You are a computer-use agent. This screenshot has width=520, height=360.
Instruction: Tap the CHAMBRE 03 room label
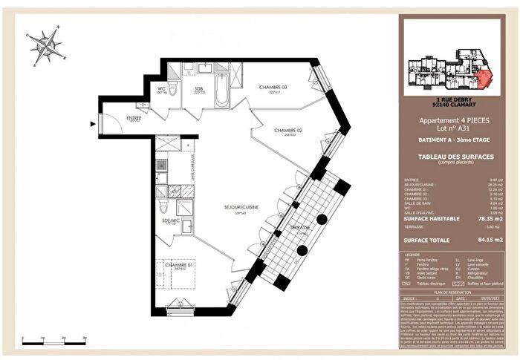point(273,88)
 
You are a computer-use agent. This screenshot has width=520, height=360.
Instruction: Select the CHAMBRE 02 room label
point(288,131)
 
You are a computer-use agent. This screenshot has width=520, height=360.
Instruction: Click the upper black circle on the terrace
point(322,219)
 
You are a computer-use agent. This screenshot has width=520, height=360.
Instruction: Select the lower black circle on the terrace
point(302,250)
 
